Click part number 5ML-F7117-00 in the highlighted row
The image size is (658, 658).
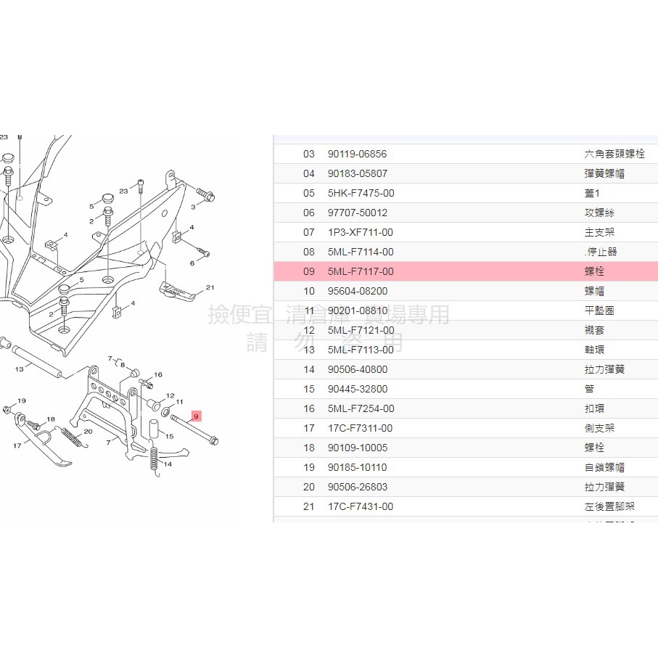coord(361,271)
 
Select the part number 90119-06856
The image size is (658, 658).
coord(357,154)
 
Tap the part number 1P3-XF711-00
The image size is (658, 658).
coord(361,232)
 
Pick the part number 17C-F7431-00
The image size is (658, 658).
coord(361,506)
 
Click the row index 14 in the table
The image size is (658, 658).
coord(309,369)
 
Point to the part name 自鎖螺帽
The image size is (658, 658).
coord(604,467)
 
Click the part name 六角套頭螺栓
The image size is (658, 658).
coord(614,154)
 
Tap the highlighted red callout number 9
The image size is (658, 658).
coord(196,416)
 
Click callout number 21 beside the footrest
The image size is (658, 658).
coord(210,288)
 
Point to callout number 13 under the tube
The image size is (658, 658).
coord(20,369)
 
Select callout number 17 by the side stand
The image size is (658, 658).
coord(17,445)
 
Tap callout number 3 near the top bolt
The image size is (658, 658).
coord(193,207)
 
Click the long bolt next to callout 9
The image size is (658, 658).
coord(194,432)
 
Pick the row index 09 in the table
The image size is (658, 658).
coord(309,271)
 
